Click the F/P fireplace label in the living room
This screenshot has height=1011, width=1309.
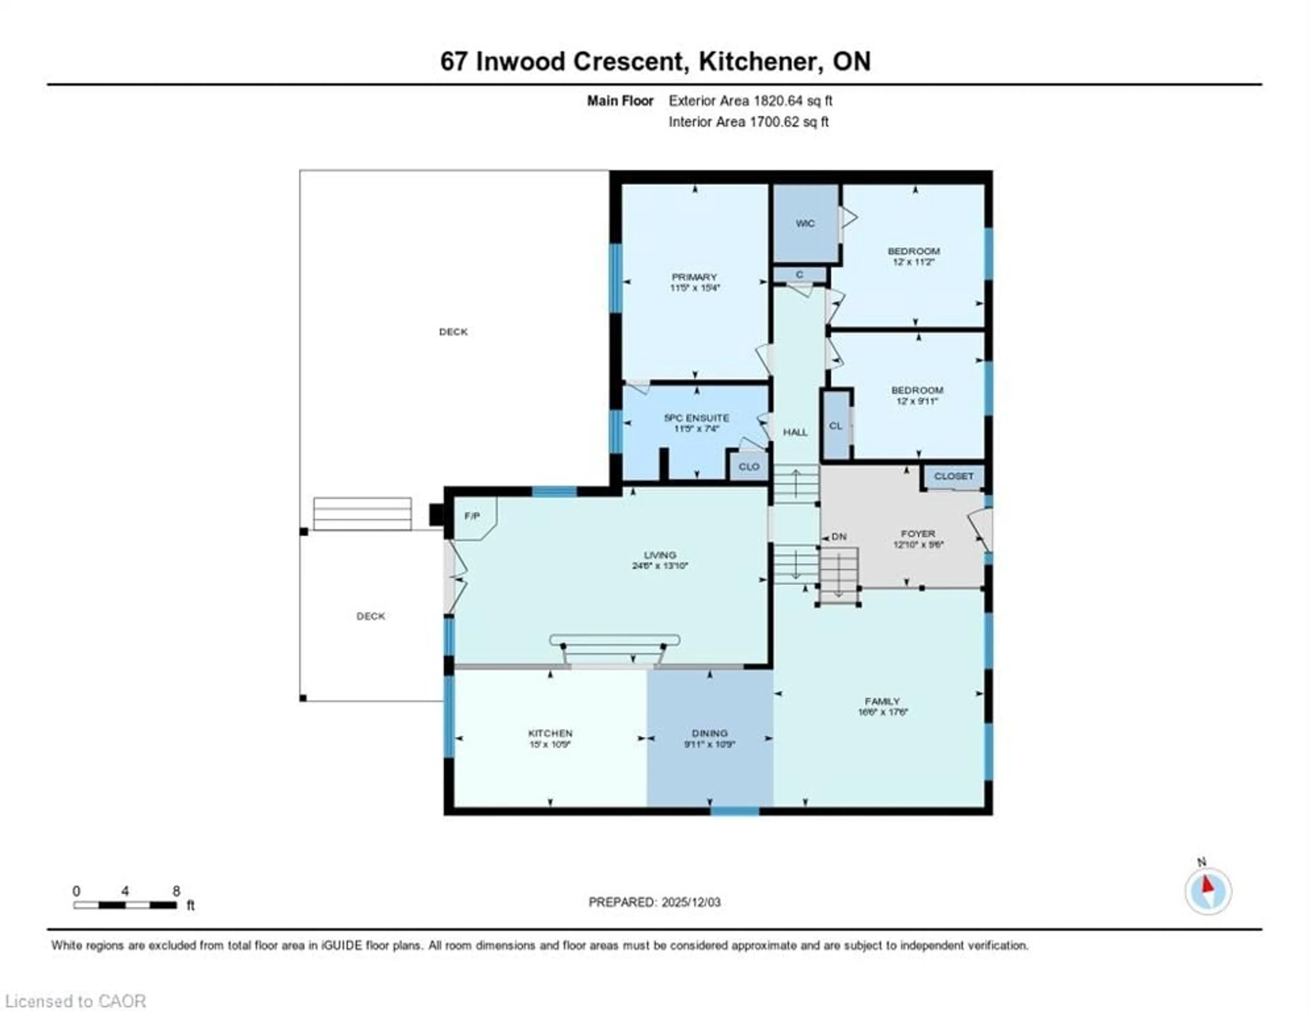pos(472,516)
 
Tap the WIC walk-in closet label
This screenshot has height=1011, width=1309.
pos(805,224)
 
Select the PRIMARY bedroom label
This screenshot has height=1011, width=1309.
pos(694,277)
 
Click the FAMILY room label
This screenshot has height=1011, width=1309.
pos(882,701)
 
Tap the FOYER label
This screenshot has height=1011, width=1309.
pos(918,533)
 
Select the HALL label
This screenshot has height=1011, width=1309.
pos(795,432)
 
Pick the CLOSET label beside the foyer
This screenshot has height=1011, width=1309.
pos(953,476)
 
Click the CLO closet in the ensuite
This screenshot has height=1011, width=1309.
pos(749,466)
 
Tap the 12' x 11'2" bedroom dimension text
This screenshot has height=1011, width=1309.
pos(914,262)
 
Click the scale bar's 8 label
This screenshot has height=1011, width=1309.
pos(176,891)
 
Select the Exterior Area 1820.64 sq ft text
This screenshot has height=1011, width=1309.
pos(750,101)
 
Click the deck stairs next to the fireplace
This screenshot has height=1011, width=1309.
pos(362,514)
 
